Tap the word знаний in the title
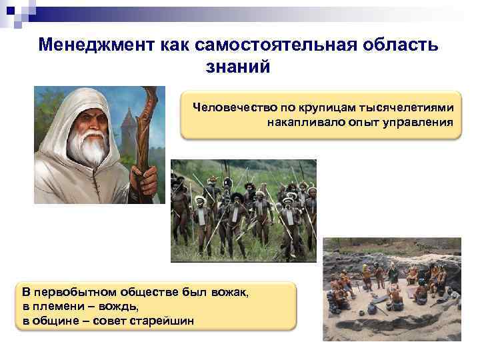click(239, 66)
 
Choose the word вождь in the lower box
click(119, 306)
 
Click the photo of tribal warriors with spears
click(243, 211)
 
